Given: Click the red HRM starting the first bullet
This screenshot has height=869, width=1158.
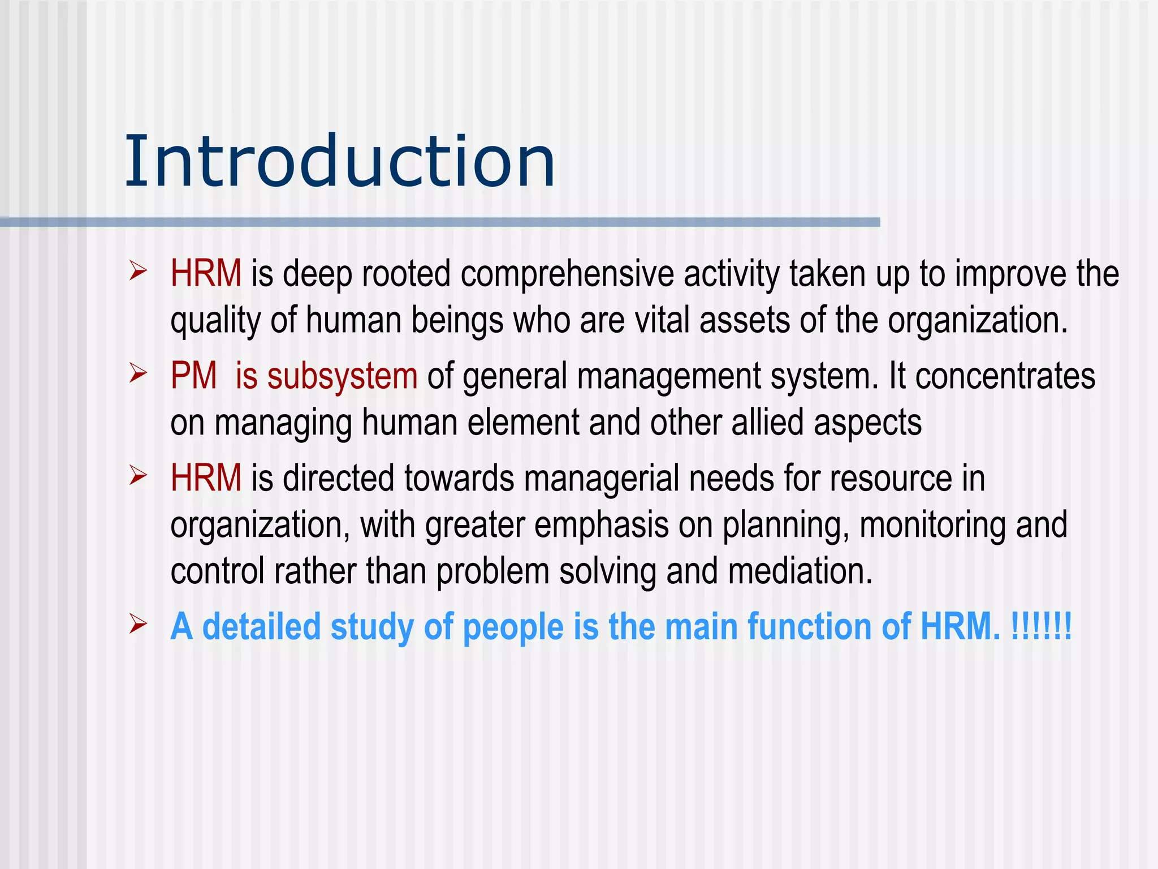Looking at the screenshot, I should pyautogui.click(x=206, y=274).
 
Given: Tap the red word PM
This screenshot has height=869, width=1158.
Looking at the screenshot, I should pyautogui.click(x=193, y=376).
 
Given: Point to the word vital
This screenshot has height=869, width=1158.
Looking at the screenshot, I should pyautogui.click(x=662, y=320).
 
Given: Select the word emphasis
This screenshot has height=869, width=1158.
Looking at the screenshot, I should pyautogui.click(x=601, y=525).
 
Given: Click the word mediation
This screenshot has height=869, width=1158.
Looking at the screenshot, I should pyautogui.click(x=800, y=571).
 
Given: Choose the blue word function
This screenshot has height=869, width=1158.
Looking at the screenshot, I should pyautogui.click(x=809, y=627).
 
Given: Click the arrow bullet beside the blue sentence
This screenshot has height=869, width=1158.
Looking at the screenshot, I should pyautogui.click(x=138, y=624).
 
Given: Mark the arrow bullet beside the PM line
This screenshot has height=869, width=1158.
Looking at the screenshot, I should pyautogui.click(x=138, y=373).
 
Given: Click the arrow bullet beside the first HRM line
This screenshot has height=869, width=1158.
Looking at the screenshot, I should pyautogui.click(x=138, y=271).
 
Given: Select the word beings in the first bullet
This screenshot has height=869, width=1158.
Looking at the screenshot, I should pyautogui.click(x=457, y=321).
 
